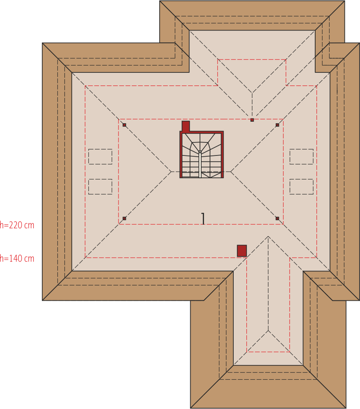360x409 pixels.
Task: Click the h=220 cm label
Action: (x=17, y=225)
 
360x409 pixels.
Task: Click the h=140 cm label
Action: (x=17, y=258)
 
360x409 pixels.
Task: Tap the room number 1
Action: (x=203, y=219)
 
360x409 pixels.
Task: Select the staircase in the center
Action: (x=202, y=155)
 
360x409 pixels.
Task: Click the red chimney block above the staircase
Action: (x=186, y=126)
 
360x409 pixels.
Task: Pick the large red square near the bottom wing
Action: (x=242, y=251)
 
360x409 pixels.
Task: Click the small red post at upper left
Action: (x=124, y=125)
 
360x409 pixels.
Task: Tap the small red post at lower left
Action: (x=124, y=218)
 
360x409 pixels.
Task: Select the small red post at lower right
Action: (x=277, y=218)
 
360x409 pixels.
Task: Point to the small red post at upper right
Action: (x=277, y=125)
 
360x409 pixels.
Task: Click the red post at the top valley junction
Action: (x=252, y=120)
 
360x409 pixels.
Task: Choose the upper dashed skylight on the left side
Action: (x=100, y=157)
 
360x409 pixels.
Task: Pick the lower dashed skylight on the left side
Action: (x=100, y=187)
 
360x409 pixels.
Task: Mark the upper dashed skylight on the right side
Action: (x=301, y=157)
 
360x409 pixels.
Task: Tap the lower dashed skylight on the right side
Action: (x=301, y=187)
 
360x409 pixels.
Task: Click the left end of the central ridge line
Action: (x=171, y=172)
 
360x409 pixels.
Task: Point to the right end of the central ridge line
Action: (x=231, y=172)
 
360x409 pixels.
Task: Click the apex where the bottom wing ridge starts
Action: (x=268, y=236)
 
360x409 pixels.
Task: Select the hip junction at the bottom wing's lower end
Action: (x=268, y=330)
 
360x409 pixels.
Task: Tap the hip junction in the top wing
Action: (x=252, y=93)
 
